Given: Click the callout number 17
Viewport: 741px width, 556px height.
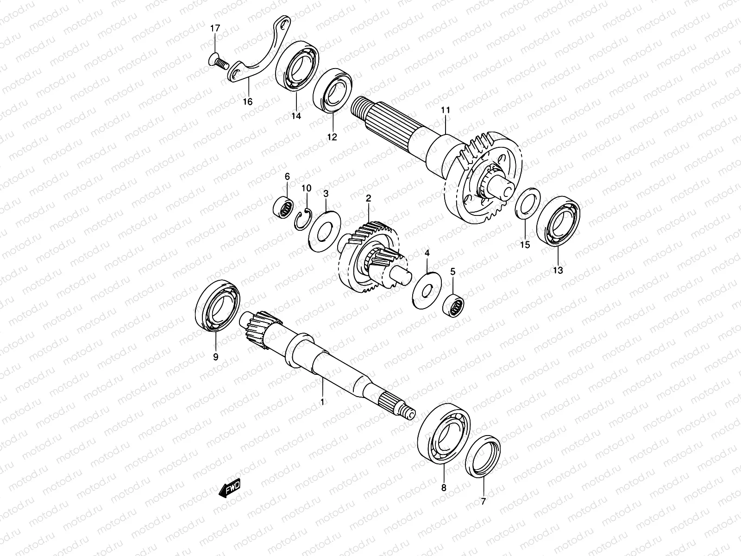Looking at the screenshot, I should (x=215, y=29).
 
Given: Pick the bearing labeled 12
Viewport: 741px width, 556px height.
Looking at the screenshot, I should (x=333, y=90).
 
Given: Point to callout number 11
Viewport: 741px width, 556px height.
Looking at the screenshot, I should (x=446, y=110).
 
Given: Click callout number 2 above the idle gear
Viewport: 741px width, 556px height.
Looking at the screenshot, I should (x=369, y=198).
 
